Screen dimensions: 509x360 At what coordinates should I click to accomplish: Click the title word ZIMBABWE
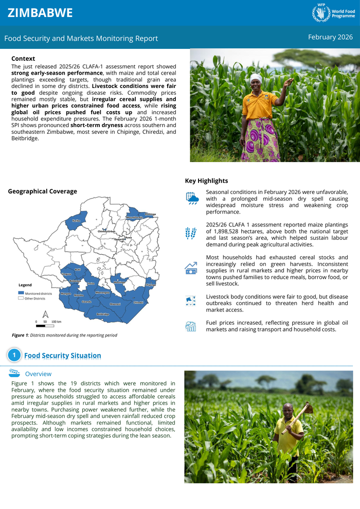[x=40, y=13]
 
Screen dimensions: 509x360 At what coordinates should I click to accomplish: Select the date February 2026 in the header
[x=330, y=37]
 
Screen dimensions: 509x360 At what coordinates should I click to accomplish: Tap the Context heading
[x=23, y=59]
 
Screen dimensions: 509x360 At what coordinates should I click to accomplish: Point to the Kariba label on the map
[x=76, y=221]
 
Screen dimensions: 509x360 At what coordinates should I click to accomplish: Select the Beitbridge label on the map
[x=103, y=314]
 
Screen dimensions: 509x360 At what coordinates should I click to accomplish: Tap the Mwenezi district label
[x=115, y=304]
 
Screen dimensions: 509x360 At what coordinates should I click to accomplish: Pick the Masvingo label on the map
[x=119, y=283]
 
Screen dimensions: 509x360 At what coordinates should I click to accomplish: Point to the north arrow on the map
[x=45, y=314]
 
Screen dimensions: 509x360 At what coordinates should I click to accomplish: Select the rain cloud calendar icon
[x=191, y=198]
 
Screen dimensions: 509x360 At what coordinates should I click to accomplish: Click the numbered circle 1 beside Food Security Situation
[x=14, y=355]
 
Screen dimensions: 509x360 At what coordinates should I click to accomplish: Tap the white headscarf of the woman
[x=256, y=78]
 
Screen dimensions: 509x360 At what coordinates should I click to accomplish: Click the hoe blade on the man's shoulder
[x=309, y=409]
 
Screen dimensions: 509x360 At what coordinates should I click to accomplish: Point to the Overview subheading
[x=38, y=374]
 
